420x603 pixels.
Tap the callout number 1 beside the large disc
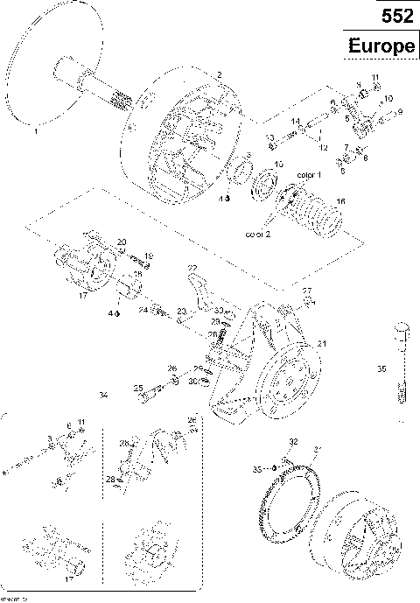coord(36,135)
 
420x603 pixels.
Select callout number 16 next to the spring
coord(340,202)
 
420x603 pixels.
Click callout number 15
coord(279,165)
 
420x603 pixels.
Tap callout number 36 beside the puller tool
coord(381,370)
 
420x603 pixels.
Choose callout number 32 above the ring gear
coord(294,440)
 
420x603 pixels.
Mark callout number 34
coord(103,396)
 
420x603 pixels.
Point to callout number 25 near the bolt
coord(137,388)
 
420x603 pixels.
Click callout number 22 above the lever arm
coord(192,267)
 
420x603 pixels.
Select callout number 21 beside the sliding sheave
coord(321,343)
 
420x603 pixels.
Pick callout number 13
coord(270,137)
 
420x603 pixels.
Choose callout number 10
coord(388,98)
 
